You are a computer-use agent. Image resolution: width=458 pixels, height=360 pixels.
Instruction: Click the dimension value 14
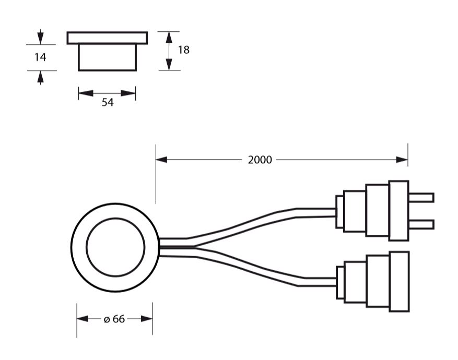pos(40,57)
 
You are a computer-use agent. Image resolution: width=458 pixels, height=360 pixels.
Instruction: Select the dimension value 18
pos(184,50)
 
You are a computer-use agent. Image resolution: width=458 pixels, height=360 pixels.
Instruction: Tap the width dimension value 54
pos(108,102)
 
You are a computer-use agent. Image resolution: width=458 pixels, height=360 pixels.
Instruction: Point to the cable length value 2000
pos(260,160)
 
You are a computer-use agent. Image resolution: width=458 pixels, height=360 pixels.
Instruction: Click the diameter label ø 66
pos(114,319)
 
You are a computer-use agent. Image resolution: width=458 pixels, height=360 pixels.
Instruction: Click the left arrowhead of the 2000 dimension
pos(161,160)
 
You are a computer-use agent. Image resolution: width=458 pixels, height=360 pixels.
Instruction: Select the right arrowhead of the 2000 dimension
pos(402,160)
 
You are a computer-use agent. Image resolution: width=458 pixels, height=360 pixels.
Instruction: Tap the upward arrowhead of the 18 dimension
pos(169,37)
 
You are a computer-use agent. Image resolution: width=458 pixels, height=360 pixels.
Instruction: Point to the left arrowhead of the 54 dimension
pos(86,93)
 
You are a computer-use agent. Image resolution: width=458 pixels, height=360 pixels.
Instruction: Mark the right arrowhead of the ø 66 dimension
pos(147,319)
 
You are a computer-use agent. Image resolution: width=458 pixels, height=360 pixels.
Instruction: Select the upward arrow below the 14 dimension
pos(40,78)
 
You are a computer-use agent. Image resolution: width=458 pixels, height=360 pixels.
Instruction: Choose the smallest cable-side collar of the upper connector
pos(339,212)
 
